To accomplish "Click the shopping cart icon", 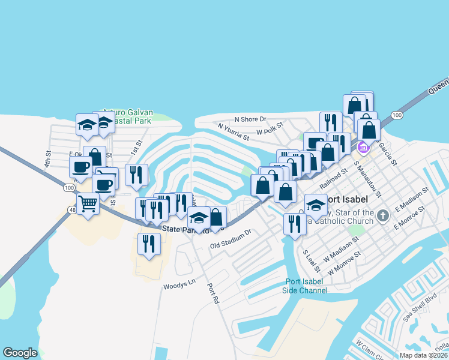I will pos(88,205).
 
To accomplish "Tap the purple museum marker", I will pos(362,147).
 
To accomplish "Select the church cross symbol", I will pos(382,214).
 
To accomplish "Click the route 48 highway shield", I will pos(73,210).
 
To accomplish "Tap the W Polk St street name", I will pos(269,131).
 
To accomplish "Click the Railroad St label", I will pos(334,177).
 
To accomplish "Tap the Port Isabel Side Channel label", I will pos(306,286).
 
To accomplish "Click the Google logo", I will pos(20,353).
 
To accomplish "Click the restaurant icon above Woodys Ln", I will pos(148,244).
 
